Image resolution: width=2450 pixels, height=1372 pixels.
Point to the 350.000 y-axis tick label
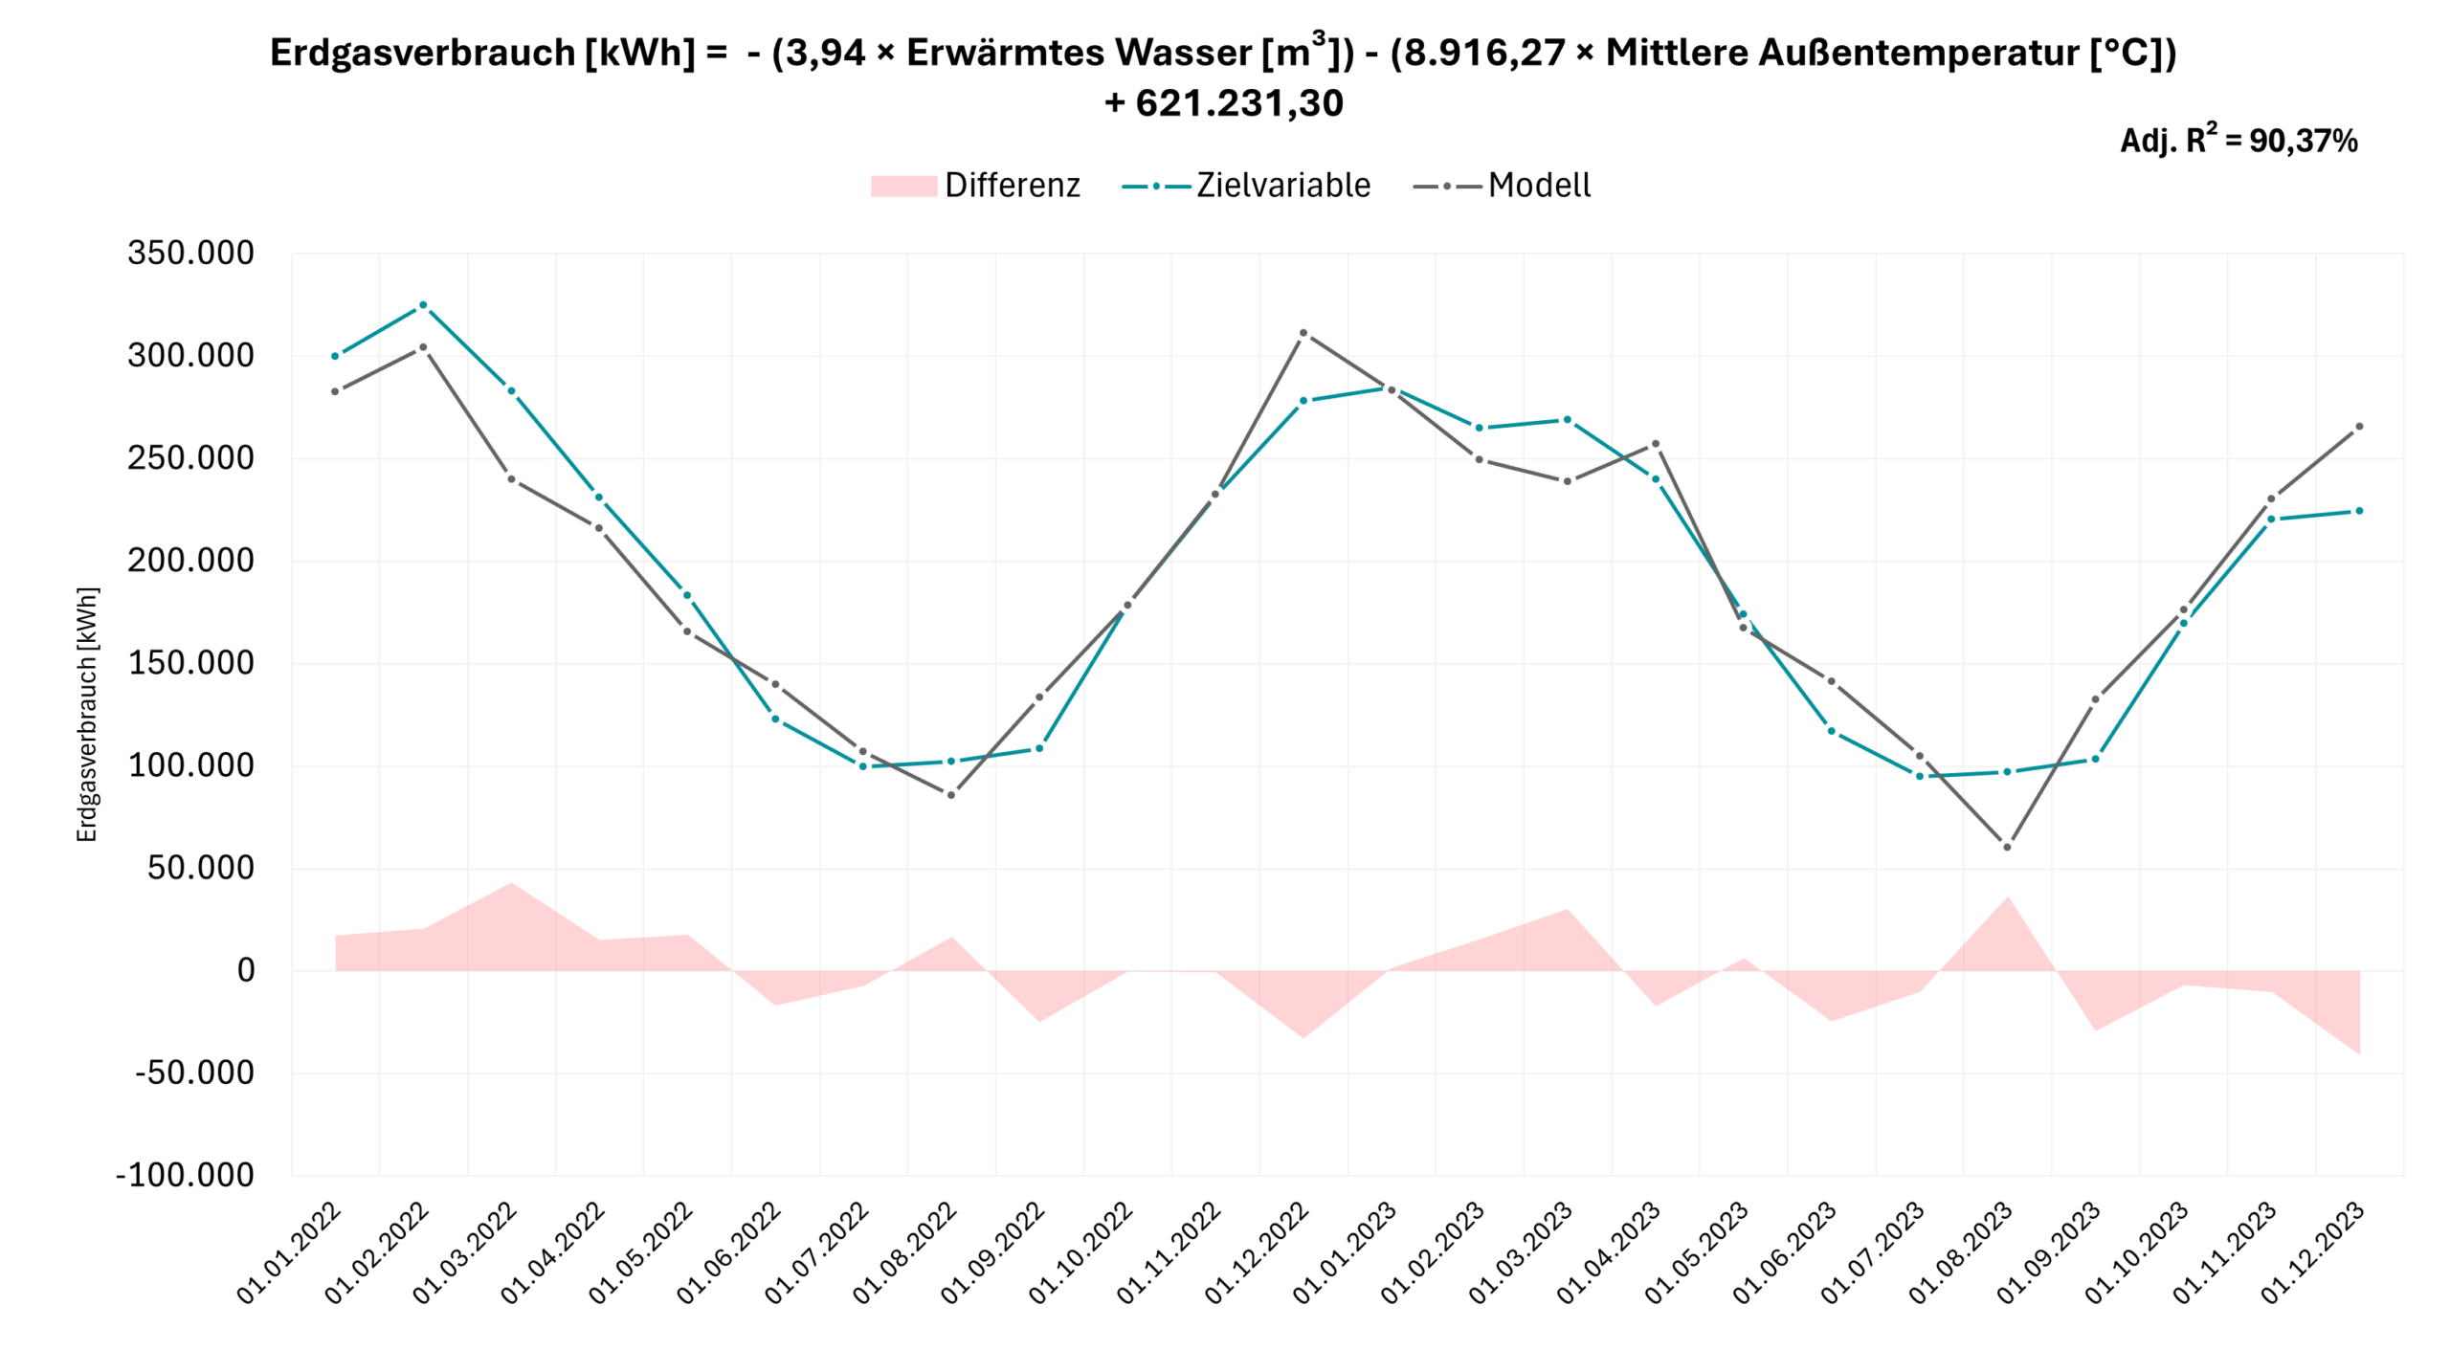190,254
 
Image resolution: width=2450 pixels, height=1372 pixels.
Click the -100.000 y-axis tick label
185,1175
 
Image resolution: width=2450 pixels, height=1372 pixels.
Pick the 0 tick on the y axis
246,970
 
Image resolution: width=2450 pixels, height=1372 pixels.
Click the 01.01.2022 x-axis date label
289,1252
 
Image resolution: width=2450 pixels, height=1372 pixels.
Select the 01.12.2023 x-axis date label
2313,1252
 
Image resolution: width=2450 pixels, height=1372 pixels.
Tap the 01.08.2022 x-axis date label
904,1252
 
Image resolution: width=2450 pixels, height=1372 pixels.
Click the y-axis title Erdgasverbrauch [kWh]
87,715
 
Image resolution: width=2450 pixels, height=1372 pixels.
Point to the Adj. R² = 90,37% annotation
2238,142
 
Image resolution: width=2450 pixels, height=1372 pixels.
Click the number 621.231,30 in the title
1239,103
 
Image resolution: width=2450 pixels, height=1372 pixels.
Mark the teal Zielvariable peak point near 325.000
423,305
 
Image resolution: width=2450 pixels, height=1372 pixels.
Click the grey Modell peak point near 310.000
1303,334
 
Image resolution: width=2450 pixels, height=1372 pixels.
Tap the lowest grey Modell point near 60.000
2007,847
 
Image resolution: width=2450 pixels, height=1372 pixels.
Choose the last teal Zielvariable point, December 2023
2359,511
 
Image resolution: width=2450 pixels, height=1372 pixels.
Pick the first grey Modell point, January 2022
335,391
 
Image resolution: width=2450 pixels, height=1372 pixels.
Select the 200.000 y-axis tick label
190,561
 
